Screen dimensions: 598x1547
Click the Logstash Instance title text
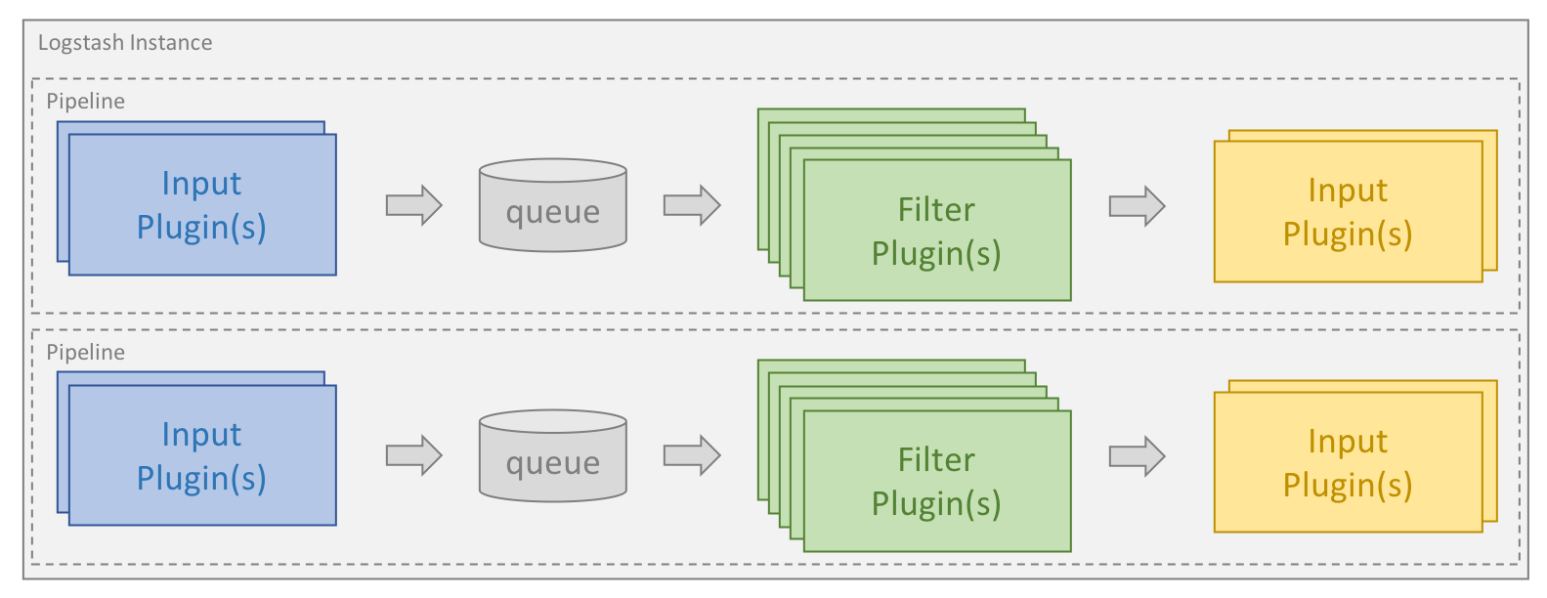point(125,43)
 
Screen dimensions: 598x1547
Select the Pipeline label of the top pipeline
point(86,102)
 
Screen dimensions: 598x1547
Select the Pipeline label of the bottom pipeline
point(86,353)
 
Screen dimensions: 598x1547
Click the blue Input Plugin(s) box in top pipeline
point(202,204)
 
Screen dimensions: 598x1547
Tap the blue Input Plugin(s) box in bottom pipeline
point(202,455)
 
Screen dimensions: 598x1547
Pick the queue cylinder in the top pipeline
point(552,205)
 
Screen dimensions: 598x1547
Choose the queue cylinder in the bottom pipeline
point(552,456)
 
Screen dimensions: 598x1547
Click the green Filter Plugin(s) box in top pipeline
point(936,231)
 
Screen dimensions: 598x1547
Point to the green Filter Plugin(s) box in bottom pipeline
point(936,481)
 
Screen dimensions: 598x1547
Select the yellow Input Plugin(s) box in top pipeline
point(1348,211)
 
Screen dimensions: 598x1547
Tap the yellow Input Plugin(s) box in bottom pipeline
point(1348,462)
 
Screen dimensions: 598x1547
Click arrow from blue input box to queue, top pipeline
point(414,205)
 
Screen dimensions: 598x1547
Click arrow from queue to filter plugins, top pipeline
point(692,205)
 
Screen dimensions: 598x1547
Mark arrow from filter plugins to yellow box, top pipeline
point(1138,206)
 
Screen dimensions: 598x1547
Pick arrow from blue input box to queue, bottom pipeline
point(414,455)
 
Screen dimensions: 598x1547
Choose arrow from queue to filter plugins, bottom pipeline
point(692,455)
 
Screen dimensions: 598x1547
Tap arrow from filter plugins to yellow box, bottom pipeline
point(1138,456)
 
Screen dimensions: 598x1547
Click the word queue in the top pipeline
point(552,212)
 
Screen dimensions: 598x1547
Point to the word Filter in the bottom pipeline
point(936,460)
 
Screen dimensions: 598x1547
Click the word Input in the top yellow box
point(1348,191)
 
